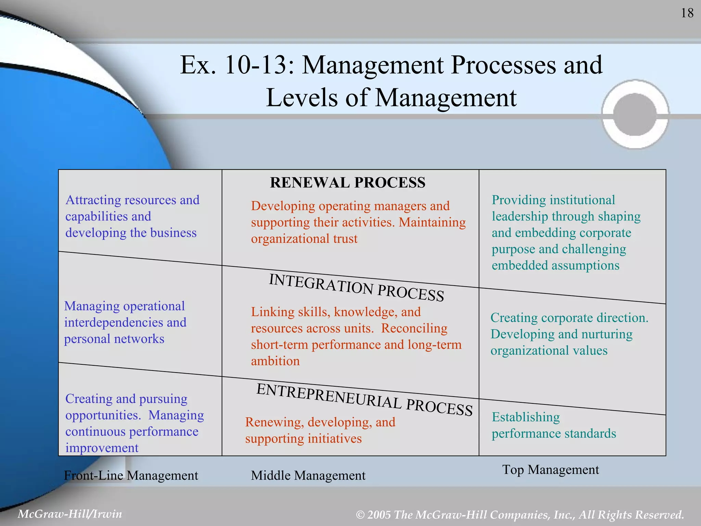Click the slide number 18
(687, 13)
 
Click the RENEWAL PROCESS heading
(347, 183)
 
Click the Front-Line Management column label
(131, 475)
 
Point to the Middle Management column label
(308, 475)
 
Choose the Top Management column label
(550, 469)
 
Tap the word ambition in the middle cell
(275, 361)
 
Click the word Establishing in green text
(526, 417)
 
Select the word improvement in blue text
(102, 448)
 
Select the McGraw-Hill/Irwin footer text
(70, 514)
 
